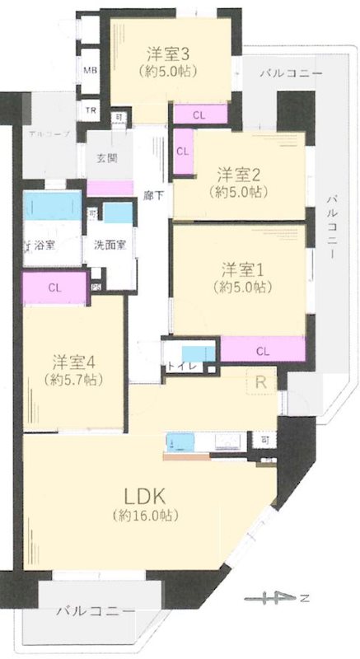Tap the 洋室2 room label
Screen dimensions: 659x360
coord(239,174)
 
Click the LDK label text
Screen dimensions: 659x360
coord(146,497)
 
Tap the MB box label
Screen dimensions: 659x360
coord(89,71)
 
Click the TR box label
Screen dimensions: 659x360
coord(89,109)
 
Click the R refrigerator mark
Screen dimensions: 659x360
coord(259,382)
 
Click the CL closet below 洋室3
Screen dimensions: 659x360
coord(199,115)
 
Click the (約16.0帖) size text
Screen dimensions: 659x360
coord(146,516)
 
